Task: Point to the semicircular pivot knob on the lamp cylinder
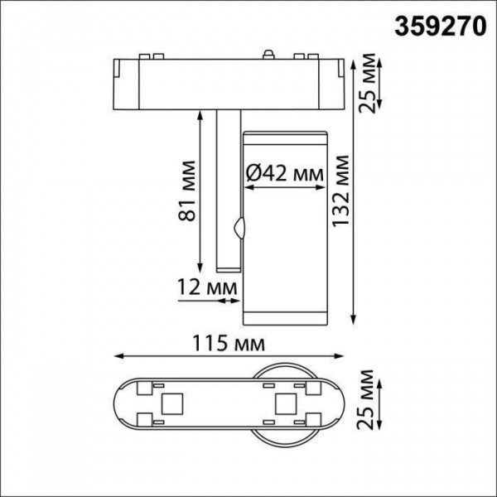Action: coord(240,229)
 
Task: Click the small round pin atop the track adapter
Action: coord(267,55)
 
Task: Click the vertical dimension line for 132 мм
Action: coord(355,191)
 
